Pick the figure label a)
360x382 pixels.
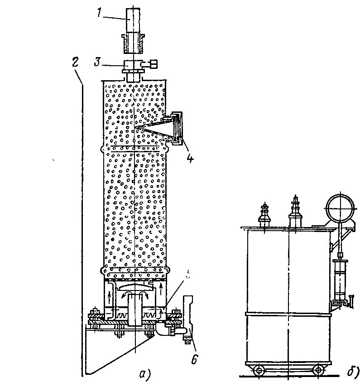click(145, 373)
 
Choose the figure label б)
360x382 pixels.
click(353, 372)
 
